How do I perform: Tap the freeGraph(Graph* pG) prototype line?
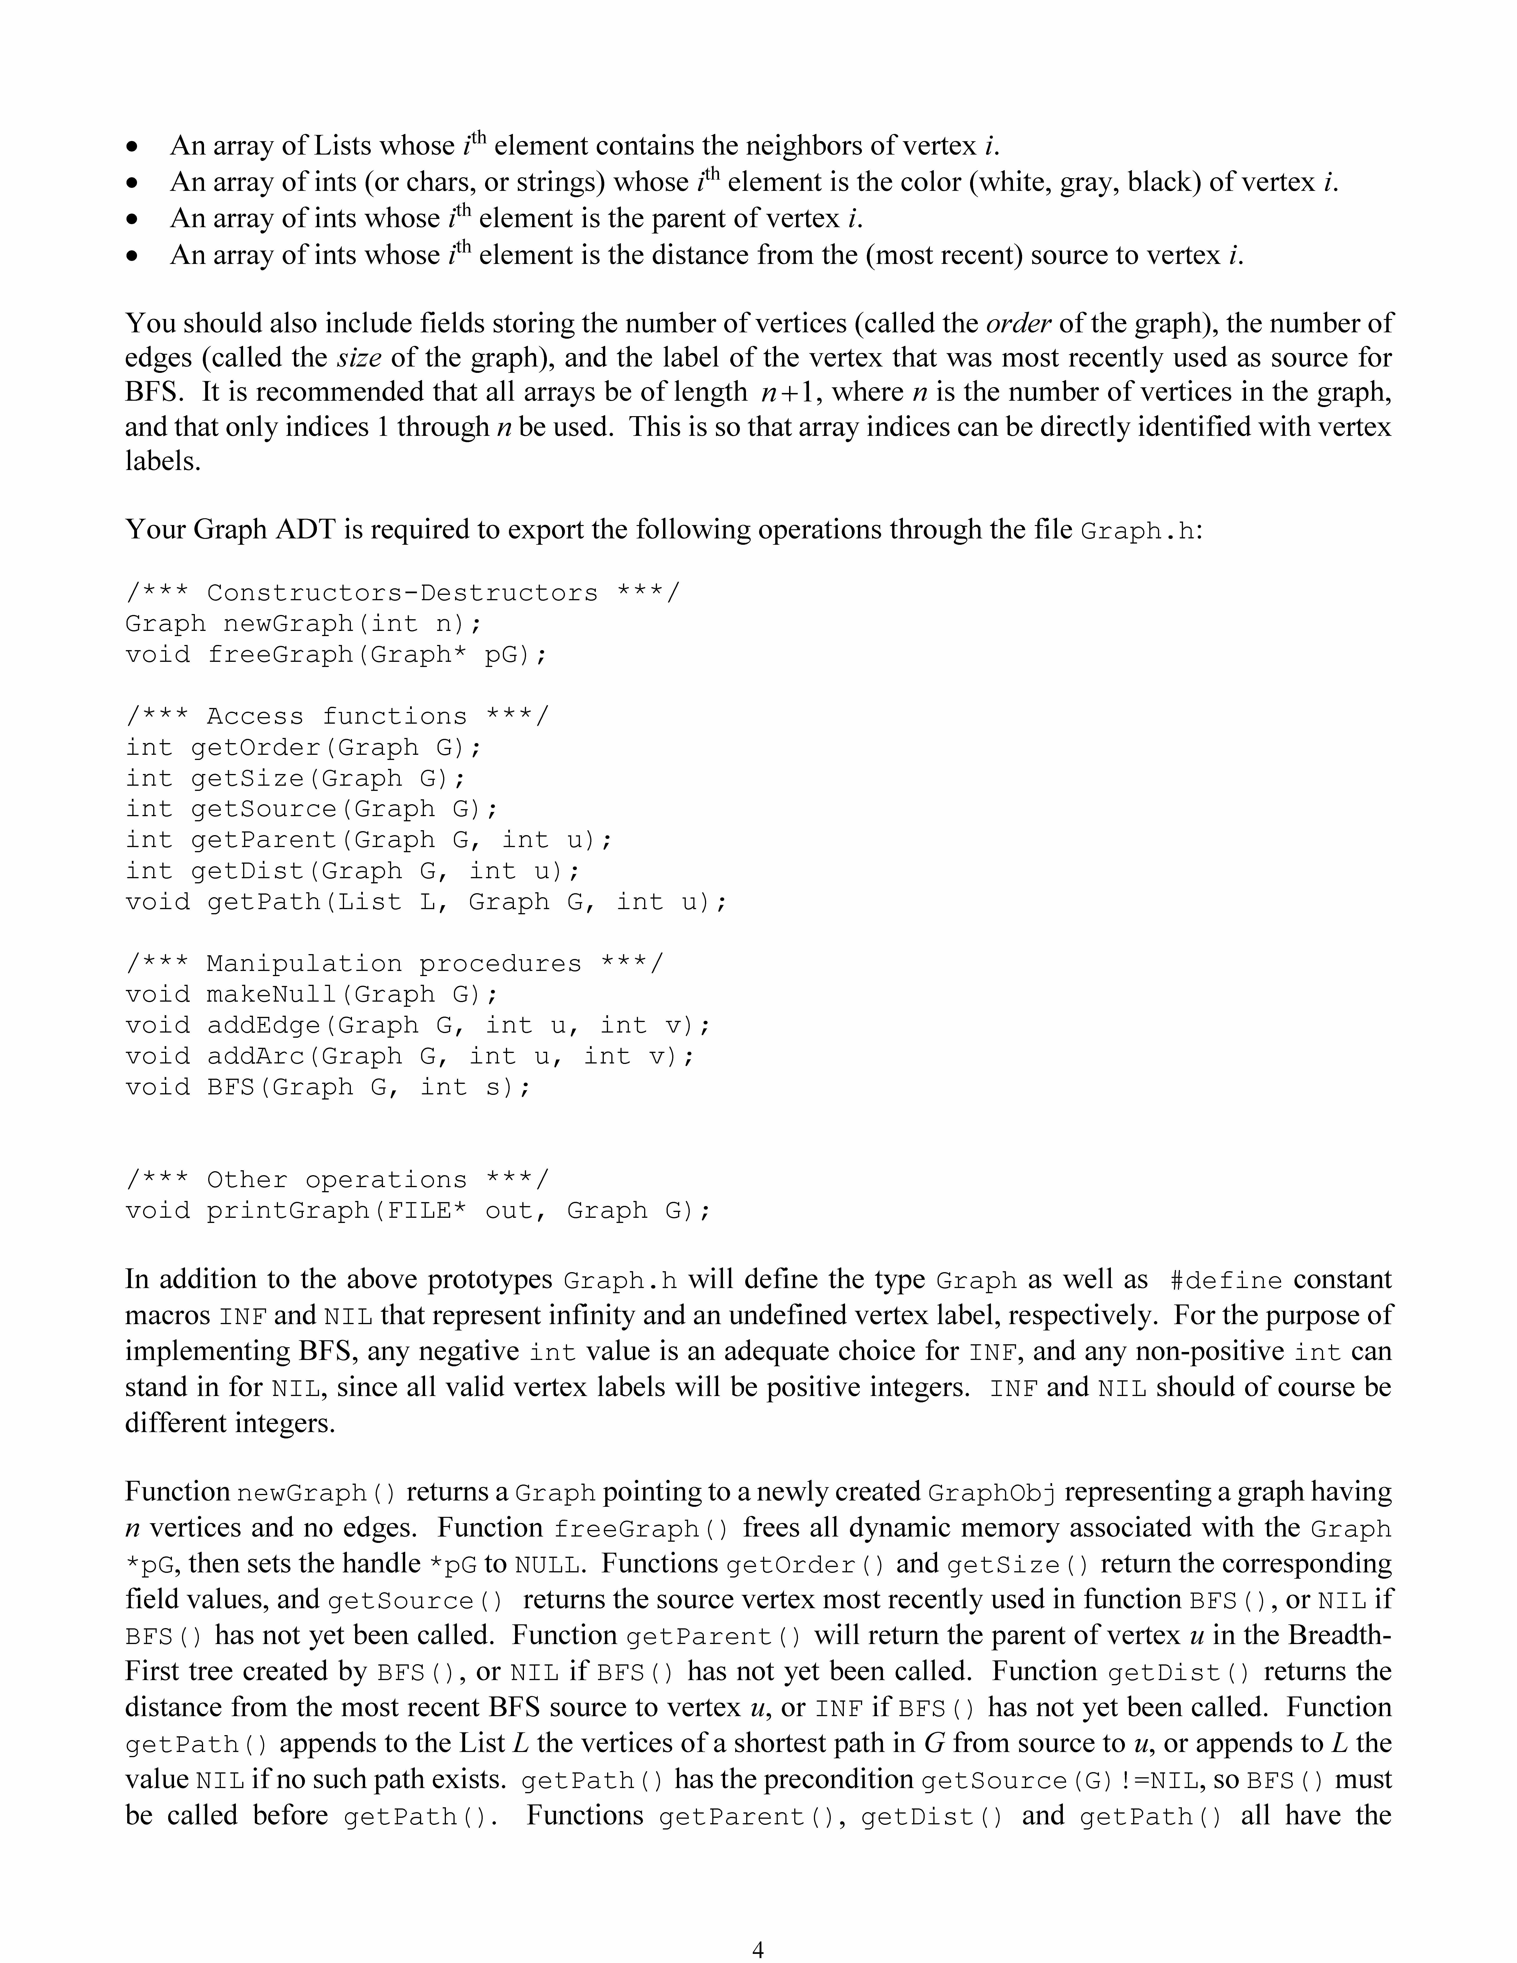[x=335, y=654]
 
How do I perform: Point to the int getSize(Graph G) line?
[x=296, y=778]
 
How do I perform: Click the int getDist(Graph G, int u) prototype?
[x=352, y=871]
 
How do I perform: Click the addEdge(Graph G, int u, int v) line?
[x=418, y=1026]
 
